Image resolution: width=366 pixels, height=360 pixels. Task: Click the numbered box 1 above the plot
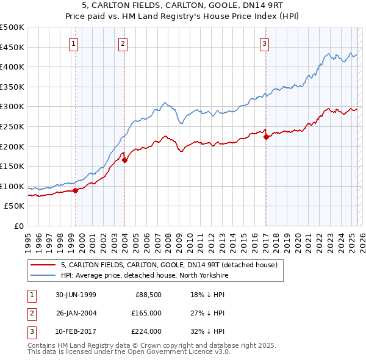point(73,43)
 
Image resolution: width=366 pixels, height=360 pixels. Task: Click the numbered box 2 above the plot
point(123,43)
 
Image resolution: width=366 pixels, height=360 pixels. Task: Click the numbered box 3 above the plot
point(265,43)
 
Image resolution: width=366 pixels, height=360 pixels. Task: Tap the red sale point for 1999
point(76,190)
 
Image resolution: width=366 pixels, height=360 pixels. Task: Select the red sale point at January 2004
point(124,160)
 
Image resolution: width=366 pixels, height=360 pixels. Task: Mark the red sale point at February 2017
point(266,137)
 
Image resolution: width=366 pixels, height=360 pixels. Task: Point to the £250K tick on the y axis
point(12,126)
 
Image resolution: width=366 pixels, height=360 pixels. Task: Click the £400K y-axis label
point(12,67)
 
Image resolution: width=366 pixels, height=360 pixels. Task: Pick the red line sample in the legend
point(43,265)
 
